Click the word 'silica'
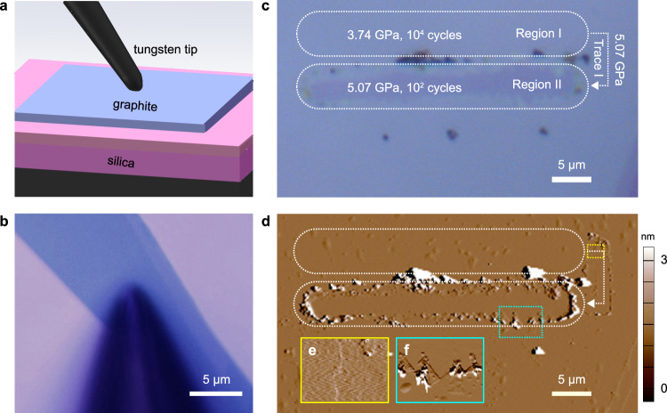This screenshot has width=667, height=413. (x=131, y=161)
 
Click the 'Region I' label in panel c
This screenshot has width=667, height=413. (x=540, y=35)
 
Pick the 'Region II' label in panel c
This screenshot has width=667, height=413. (x=542, y=86)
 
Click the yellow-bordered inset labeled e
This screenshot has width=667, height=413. (x=344, y=370)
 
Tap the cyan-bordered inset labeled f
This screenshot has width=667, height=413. (x=439, y=370)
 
